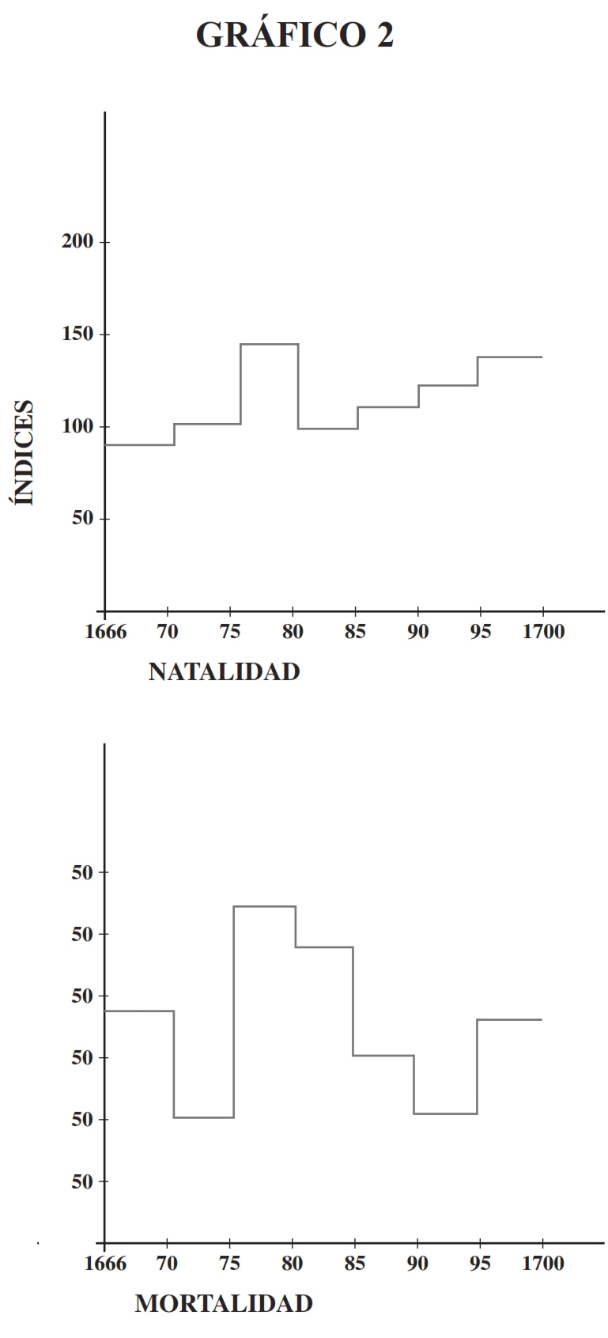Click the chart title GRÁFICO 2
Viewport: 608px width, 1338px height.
294,36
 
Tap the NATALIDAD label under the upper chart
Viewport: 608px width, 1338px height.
224,672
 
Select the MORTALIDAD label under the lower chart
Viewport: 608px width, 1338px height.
224,1303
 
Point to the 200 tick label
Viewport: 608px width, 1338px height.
77,242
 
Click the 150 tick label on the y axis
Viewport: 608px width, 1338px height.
77,334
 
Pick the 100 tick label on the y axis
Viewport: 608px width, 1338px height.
77,427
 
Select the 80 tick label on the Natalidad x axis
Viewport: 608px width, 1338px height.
292,633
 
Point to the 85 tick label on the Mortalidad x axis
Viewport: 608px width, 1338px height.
354,1264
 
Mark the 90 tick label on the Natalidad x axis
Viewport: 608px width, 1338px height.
417,633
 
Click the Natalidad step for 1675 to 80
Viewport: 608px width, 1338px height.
269,344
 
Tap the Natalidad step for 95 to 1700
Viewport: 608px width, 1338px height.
509,357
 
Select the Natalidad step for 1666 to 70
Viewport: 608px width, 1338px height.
139,444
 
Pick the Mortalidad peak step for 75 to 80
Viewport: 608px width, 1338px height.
264,906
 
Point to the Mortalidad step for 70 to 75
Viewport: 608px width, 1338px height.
203,1117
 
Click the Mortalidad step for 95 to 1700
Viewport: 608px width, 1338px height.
509,1019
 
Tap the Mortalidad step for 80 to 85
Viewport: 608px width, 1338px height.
324,947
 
